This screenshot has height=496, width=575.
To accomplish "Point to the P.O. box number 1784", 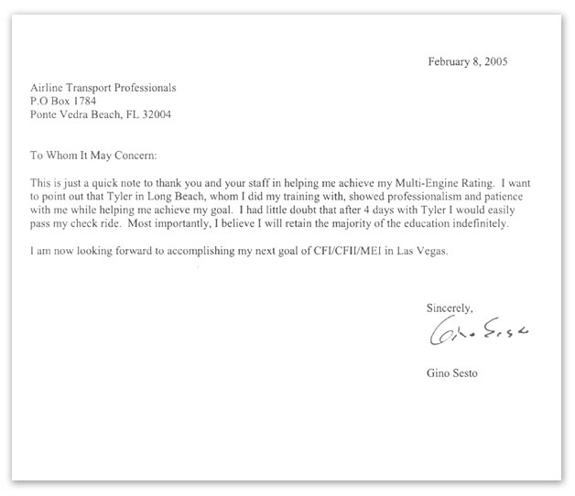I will point(96,102).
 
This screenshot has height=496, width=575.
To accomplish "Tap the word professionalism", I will point(354,197).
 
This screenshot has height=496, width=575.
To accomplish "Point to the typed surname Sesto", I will point(473,373).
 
